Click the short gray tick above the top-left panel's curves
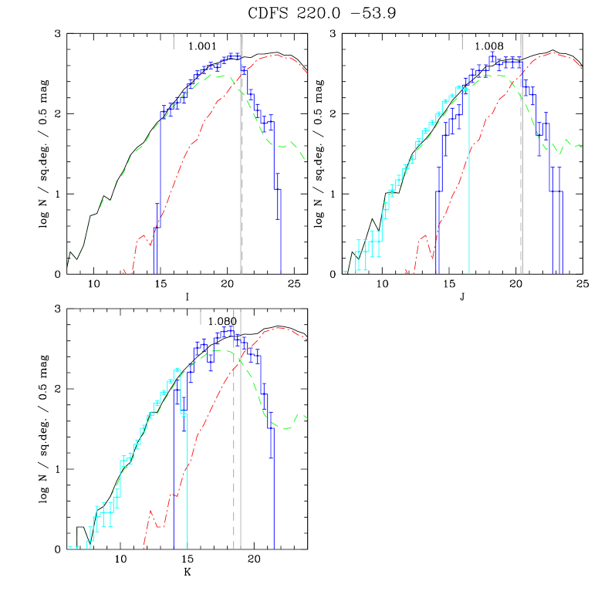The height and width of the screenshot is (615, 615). coord(174,41)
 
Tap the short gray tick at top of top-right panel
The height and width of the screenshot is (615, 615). coord(462,41)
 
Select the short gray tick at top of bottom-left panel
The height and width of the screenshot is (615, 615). coord(201,316)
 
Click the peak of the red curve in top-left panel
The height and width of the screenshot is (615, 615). coord(275,55)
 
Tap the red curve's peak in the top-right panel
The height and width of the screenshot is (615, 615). coord(552,52)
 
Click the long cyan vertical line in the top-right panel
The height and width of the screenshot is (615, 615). coord(469,185)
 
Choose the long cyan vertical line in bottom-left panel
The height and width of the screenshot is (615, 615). coord(188,478)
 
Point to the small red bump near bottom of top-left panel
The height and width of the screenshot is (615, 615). coord(142,236)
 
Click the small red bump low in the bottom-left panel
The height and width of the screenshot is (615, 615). coord(150,511)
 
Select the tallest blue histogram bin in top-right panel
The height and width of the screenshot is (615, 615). coord(492,57)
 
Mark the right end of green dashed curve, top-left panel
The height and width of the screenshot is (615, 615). coord(304,159)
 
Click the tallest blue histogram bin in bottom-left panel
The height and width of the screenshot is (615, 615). coord(230,330)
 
